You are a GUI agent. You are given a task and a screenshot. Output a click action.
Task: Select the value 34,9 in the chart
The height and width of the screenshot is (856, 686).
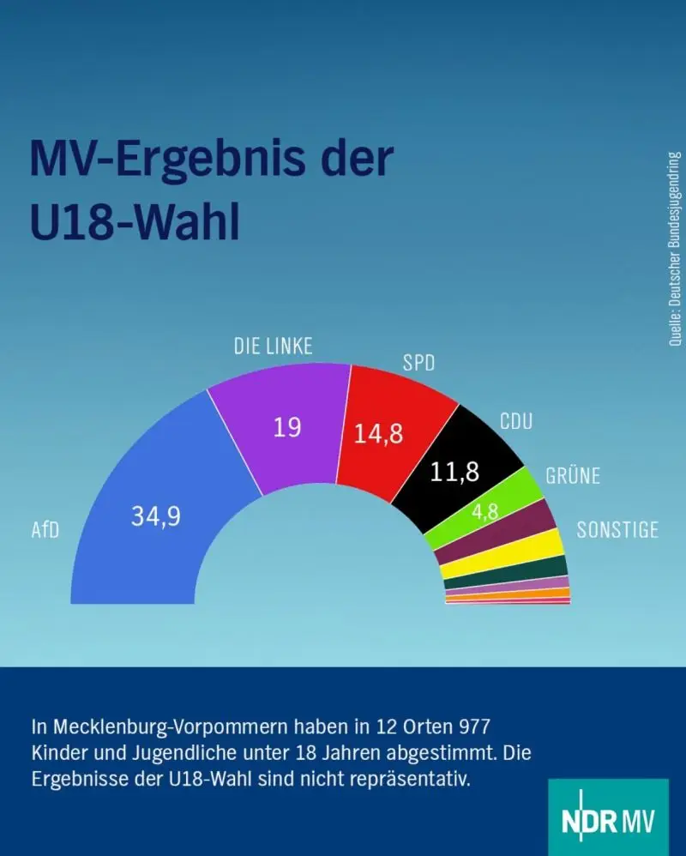[x=155, y=516]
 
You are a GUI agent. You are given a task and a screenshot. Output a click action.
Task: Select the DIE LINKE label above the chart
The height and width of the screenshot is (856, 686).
[x=274, y=347]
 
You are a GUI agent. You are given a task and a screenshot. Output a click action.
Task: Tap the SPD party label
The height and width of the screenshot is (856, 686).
[x=419, y=363]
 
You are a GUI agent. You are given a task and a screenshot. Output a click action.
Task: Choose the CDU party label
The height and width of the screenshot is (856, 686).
[x=516, y=421]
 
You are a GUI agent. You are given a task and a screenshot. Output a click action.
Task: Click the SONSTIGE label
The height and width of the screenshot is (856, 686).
[x=617, y=530]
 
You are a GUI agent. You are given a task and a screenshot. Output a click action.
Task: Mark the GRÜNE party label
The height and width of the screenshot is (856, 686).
[x=573, y=476]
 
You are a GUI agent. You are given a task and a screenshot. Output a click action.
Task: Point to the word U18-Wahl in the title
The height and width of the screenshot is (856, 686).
[x=135, y=220]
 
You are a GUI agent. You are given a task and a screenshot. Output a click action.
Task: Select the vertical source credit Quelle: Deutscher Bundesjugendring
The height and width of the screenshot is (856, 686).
[x=675, y=249]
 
